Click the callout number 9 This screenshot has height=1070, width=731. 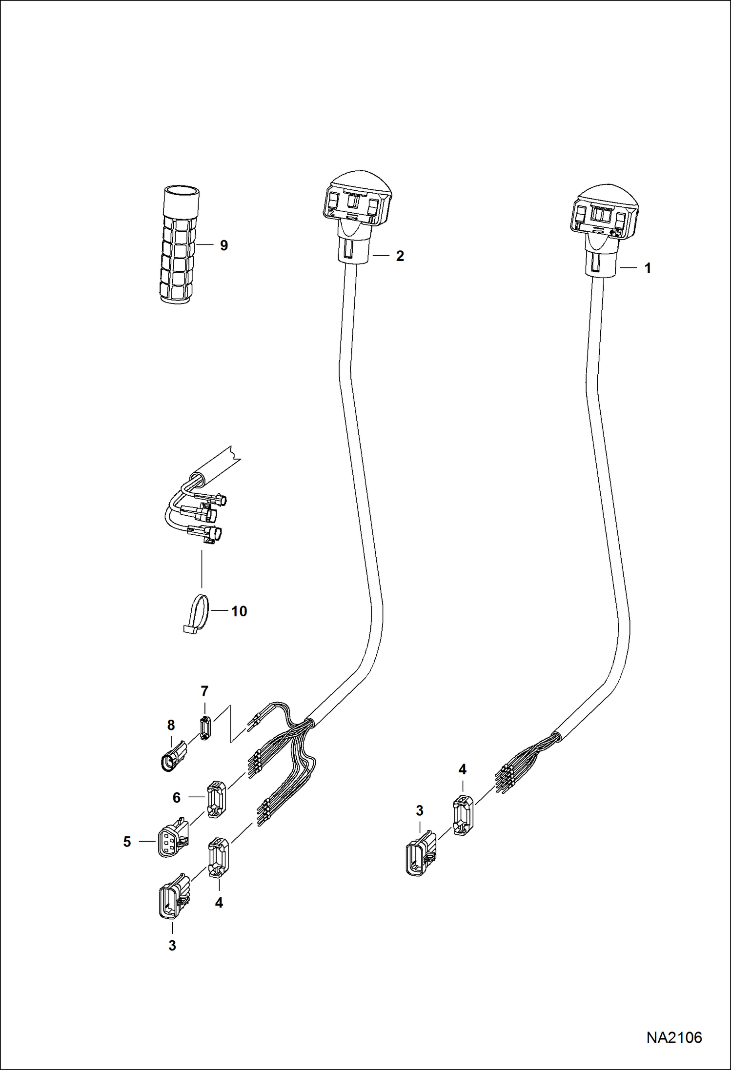223,245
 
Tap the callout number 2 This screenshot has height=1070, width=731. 400,256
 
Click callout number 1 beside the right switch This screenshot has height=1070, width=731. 648,268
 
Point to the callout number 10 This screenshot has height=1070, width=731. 239,611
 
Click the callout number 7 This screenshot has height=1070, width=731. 204,691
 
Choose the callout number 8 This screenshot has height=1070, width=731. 171,725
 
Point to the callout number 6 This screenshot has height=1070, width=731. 177,797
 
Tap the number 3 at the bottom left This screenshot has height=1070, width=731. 172,945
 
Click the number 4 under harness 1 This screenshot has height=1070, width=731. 462,769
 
